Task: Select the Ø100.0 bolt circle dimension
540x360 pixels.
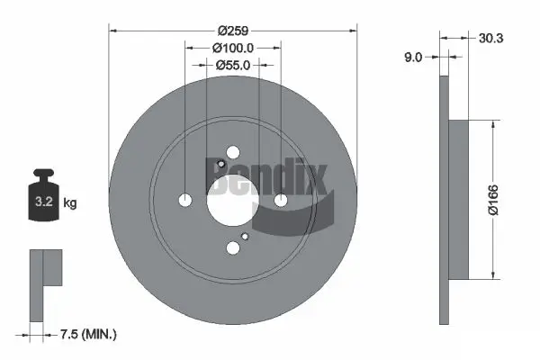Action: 233,47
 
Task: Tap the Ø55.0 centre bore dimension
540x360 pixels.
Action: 233,65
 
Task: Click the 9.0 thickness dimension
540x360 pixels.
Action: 414,57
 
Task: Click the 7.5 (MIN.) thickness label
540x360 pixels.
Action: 88,334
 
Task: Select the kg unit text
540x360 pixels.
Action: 70,203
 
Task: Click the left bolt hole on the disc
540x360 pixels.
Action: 185,200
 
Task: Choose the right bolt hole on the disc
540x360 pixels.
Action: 281,200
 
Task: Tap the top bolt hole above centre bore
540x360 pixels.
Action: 233,152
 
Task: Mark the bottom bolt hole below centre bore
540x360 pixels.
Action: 233,247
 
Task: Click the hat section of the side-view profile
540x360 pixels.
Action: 458,200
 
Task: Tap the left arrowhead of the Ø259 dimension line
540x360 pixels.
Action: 112,29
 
